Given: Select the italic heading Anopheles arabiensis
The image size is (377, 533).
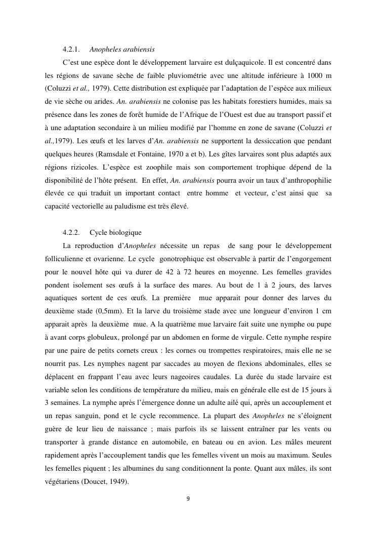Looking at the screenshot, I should [122, 50].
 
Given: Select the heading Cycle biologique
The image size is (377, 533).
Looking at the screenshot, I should [115, 233].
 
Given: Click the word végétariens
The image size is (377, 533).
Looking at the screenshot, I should [62, 482].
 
